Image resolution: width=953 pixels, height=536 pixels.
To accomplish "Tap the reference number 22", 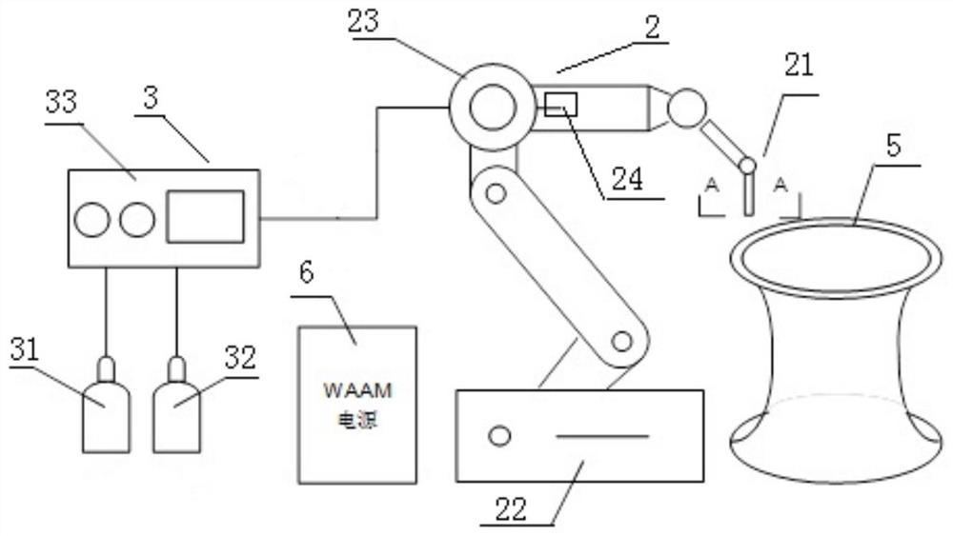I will point(511,508).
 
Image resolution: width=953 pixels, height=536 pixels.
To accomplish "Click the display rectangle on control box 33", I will point(205,216).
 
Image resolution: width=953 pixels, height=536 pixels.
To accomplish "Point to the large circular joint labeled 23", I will point(491,104).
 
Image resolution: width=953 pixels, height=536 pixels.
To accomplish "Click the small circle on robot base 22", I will point(498,437).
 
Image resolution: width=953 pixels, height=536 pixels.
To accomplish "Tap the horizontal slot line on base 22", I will point(601,437).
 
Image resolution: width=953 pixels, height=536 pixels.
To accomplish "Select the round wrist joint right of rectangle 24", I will point(686,109).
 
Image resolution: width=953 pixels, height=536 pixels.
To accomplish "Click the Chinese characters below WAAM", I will point(357,420).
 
